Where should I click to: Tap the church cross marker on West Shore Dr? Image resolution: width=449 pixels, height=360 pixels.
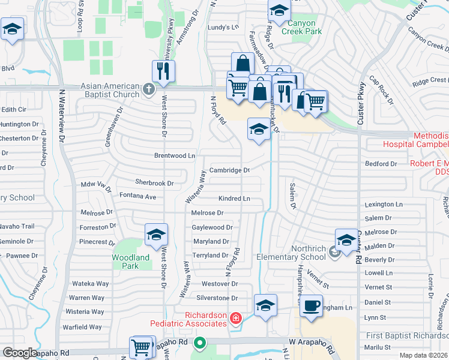149,90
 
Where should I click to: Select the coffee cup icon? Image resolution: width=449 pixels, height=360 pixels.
311,305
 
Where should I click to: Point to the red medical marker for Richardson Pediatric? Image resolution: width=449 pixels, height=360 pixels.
235,318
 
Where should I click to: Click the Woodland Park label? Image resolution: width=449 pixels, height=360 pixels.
130,261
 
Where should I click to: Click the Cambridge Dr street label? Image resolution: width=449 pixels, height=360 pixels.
229,170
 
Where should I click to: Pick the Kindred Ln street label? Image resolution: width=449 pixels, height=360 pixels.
234,198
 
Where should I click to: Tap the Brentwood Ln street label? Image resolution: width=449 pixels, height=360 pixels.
175,155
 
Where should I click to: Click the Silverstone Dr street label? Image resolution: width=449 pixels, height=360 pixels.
217,298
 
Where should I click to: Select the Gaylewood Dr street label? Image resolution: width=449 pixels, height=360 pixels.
212,227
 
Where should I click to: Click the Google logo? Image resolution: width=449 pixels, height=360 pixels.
20,353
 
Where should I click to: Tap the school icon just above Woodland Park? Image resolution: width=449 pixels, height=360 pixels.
156,235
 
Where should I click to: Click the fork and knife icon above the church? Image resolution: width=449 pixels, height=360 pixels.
163,71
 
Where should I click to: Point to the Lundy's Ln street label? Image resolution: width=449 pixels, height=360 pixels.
223,27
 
